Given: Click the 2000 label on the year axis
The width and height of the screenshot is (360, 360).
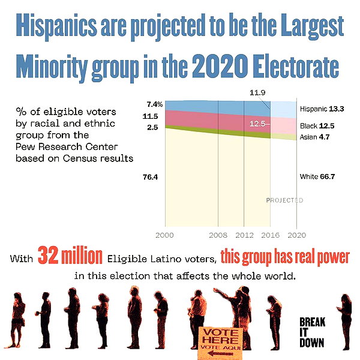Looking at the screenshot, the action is [x=164, y=235].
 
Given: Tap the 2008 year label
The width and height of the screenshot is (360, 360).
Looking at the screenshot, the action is [x=218, y=235].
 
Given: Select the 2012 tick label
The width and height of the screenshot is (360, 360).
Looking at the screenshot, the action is [x=244, y=235].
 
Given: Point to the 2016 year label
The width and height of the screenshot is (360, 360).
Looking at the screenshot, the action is [x=270, y=235].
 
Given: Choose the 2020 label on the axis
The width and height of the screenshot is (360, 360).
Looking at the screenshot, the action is [x=296, y=235].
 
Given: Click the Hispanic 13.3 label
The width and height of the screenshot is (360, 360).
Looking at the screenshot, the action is [x=322, y=109].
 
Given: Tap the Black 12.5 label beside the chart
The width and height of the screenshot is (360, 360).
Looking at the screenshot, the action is [x=317, y=126].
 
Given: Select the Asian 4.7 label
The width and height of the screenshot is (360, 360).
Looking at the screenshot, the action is [x=314, y=137].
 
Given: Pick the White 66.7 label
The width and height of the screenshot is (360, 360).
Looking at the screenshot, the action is [x=317, y=176].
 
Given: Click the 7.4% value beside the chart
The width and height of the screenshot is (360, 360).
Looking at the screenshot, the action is [x=155, y=104].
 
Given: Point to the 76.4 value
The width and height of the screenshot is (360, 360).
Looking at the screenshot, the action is [x=150, y=177].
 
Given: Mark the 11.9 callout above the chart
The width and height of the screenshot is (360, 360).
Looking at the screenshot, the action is [x=257, y=92].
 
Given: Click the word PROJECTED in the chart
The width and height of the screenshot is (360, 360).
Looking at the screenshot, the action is [x=284, y=200].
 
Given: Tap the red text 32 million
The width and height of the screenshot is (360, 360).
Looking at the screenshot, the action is [x=70, y=256].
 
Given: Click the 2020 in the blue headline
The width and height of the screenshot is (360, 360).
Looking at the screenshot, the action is [x=220, y=66].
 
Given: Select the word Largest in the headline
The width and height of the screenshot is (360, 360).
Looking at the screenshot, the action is [x=313, y=26].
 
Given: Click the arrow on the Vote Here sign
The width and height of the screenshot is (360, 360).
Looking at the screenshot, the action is [x=221, y=353].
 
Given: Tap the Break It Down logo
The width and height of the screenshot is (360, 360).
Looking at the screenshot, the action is [x=312, y=332].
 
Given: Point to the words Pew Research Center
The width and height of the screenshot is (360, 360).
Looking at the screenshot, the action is [x=67, y=146].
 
